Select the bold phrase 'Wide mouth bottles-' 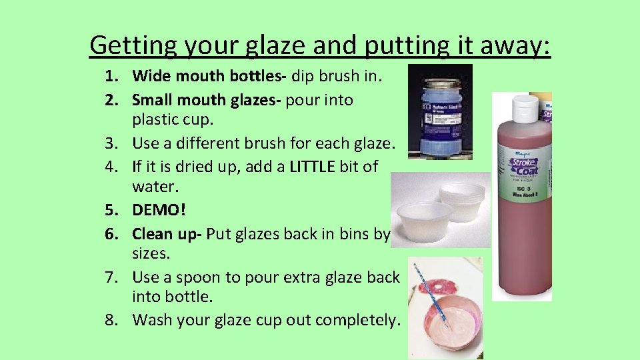click(x=209, y=78)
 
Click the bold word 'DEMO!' click(x=159, y=210)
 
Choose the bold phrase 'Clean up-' click(x=167, y=233)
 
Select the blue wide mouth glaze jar click(x=441, y=109)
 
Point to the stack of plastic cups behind click(x=463, y=199)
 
